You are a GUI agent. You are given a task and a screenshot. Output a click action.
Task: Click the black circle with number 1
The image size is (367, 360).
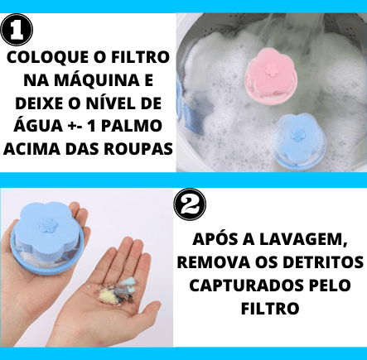coord(17,30)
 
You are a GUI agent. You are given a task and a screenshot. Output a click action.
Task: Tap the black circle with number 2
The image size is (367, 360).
coord(190,204)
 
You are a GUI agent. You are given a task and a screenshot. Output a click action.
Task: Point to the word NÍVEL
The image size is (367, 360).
coord(115,103)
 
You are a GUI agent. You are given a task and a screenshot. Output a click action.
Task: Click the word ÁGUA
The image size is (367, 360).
coord(38,126)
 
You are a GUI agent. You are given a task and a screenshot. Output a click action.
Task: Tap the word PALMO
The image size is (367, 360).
coord(131,126)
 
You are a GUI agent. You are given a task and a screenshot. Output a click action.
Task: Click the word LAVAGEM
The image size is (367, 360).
coord(303,239)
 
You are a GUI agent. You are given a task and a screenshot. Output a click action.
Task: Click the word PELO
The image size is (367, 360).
coord(330,286)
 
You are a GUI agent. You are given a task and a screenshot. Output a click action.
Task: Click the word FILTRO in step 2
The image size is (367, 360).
coord(270,308)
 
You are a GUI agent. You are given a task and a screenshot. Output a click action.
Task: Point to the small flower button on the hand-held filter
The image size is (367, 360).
coord(47,225)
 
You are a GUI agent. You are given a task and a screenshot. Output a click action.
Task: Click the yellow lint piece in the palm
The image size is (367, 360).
coord(107,295)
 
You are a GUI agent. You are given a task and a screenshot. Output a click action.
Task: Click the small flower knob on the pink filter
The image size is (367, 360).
coord(272,69)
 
